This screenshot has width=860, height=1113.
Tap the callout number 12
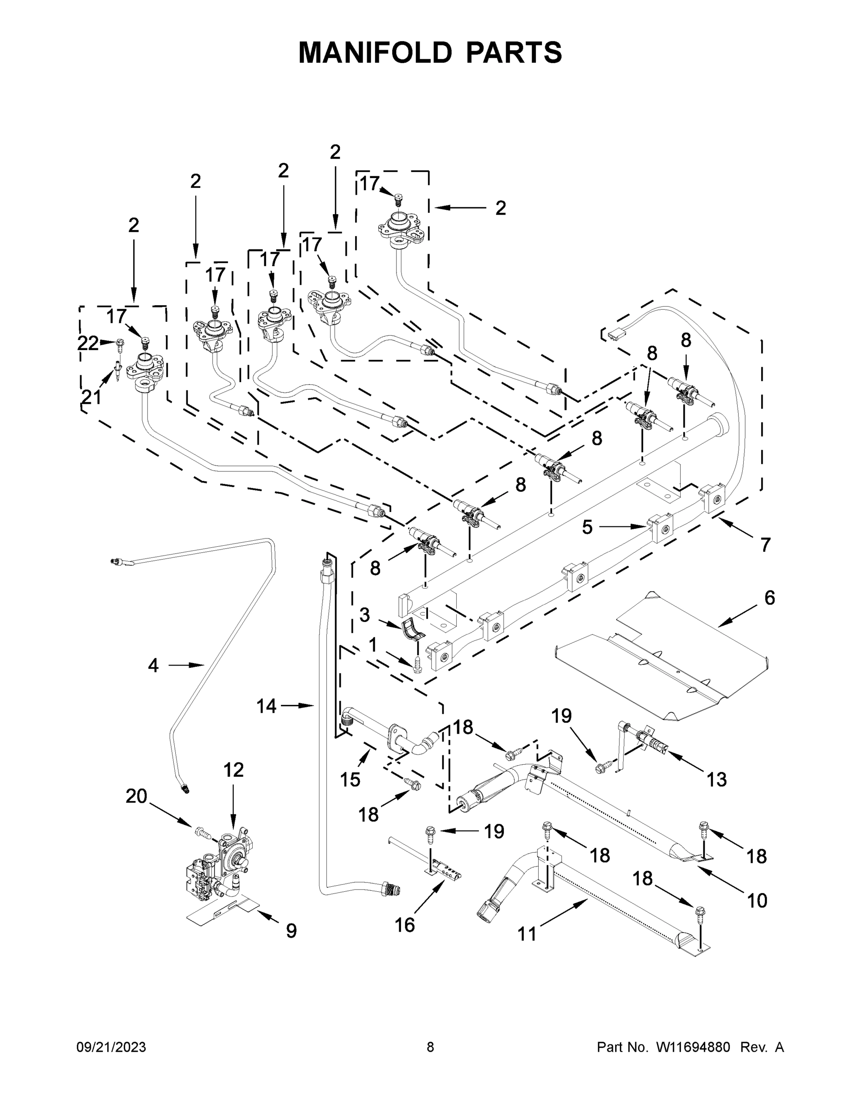233,770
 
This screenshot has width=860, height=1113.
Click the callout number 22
88,344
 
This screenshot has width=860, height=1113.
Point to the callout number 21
92,397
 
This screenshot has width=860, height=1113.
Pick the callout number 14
267,706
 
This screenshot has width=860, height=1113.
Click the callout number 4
153,665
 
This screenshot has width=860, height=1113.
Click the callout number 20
137,796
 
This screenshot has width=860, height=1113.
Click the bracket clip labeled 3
413,630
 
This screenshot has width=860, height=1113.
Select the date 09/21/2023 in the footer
111,1047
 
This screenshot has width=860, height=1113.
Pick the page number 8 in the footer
430,1047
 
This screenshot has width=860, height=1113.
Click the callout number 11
527,934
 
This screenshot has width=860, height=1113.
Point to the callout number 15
350,779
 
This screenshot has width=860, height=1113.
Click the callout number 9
291,931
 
